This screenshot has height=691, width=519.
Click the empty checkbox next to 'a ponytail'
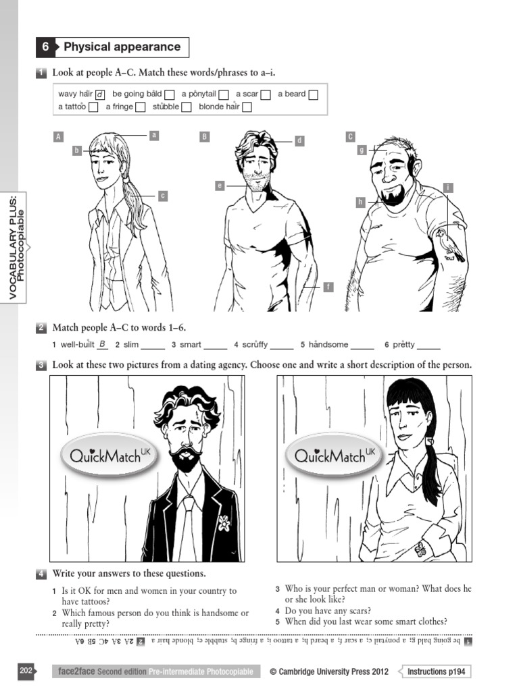224,94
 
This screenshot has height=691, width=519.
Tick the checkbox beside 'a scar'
266,94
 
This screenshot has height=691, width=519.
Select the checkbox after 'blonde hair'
247,107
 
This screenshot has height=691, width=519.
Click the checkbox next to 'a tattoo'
93,107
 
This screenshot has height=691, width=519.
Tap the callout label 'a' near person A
153,135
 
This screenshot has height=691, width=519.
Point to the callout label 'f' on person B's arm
328,287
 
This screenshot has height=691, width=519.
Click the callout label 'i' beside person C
447,187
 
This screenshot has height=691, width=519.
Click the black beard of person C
393,196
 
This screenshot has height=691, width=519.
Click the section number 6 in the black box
45,47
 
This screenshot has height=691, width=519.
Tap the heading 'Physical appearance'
122,47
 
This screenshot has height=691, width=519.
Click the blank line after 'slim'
153,345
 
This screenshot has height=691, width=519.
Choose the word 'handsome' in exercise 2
328,345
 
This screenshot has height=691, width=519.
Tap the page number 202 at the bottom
26,671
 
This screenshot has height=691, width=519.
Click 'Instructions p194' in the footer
439,671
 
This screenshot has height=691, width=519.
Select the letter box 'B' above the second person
204,137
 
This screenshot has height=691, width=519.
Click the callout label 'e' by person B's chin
220,185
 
